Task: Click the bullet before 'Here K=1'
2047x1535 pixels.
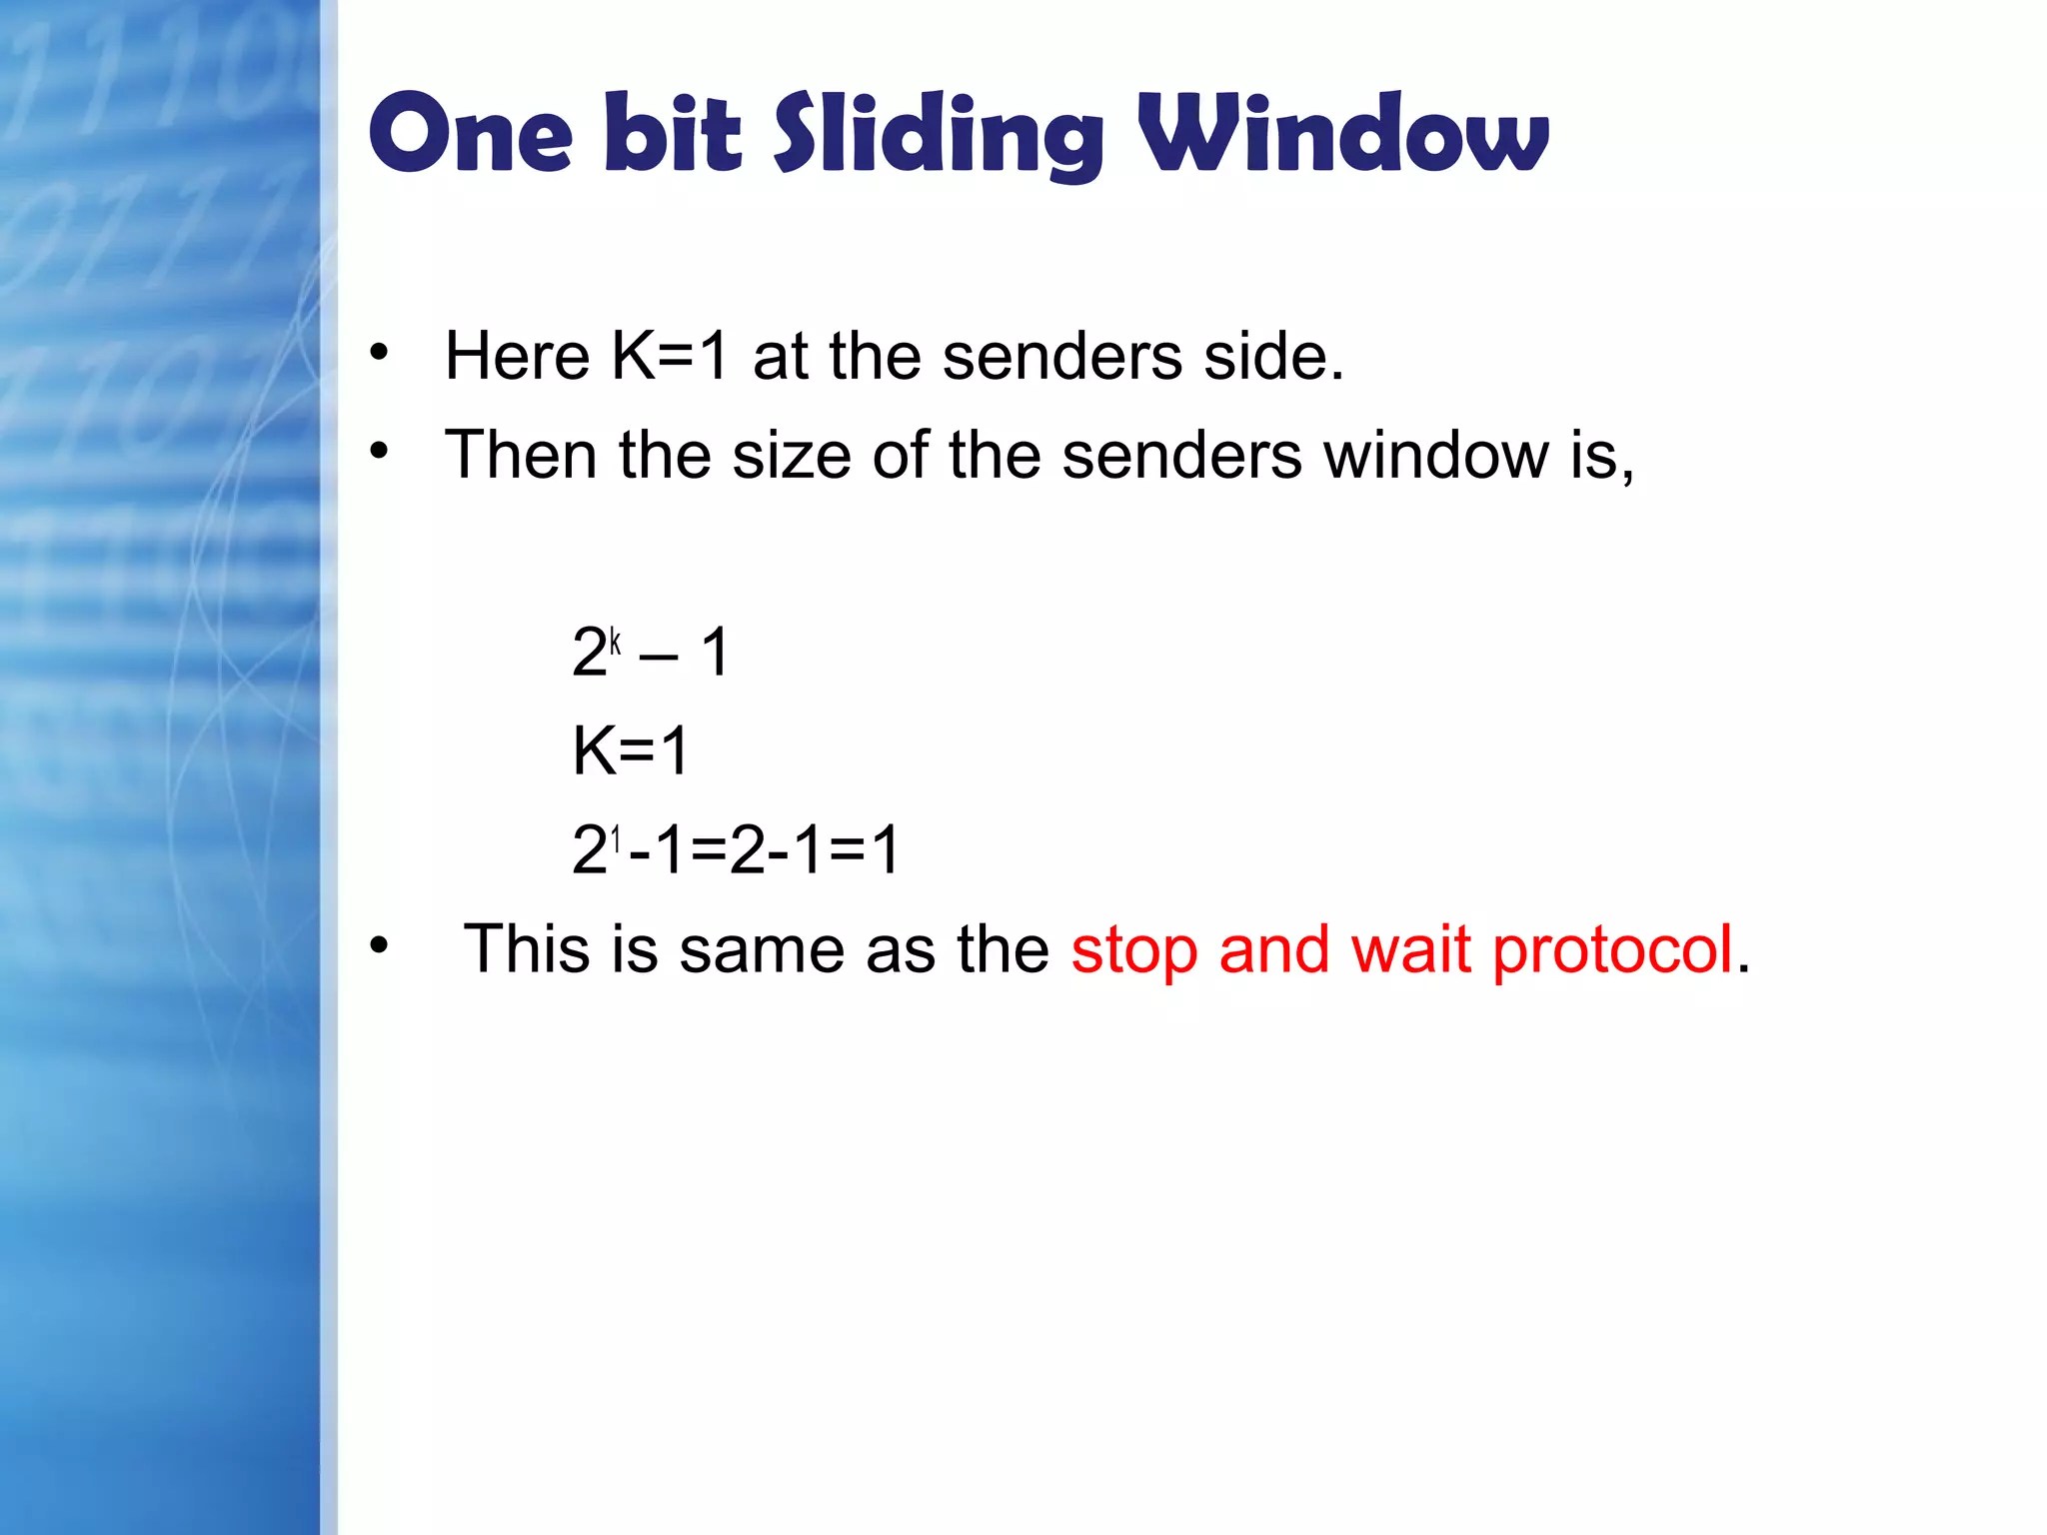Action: (x=378, y=352)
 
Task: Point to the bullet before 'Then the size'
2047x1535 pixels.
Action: (x=378, y=452)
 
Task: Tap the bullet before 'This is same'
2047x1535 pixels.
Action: (x=378, y=944)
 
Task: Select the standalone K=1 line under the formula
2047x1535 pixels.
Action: (x=630, y=751)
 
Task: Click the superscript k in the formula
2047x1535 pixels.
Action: (x=616, y=641)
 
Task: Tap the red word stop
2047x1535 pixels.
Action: (x=1133, y=949)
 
